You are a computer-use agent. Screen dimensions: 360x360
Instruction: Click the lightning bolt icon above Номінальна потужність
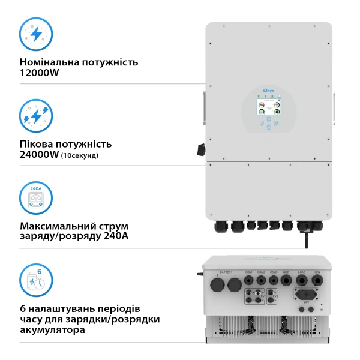[x=36, y=34]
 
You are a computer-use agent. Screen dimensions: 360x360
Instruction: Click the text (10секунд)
[x=80, y=156]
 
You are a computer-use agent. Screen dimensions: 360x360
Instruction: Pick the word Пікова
[x=37, y=144]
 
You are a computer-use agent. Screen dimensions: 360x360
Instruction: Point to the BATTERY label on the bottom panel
[x=226, y=272]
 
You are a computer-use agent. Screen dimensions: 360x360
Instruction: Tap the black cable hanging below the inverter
[x=308, y=240]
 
